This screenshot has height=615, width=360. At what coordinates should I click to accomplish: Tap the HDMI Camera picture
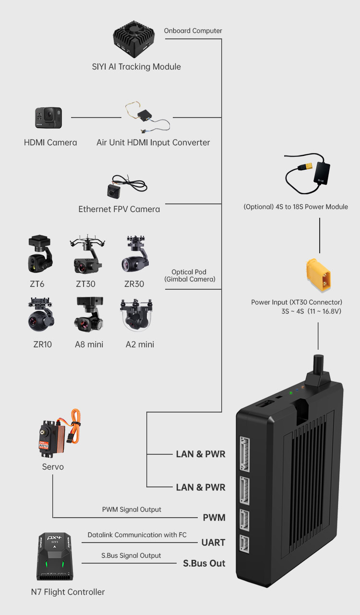pyautogui.click(x=48, y=118)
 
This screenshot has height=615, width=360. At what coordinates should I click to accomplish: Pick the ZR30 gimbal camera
pyautogui.click(x=134, y=254)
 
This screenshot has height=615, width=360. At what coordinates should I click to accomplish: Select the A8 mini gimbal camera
pyautogui.click(x=89, y=316)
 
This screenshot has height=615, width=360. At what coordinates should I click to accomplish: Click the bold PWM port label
pyautogui.click(x=214, y=518)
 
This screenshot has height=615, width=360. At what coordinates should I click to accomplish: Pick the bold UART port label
pyautogui.click(x=213, y=542)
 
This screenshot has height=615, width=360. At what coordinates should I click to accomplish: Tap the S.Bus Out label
pyautogui.click(x=204, y=563)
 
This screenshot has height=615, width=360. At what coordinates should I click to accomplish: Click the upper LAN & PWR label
pyautogui.click(x=200, y=454)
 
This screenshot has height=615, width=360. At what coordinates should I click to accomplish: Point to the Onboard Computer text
pyautogui.click(x=193, y=31)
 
